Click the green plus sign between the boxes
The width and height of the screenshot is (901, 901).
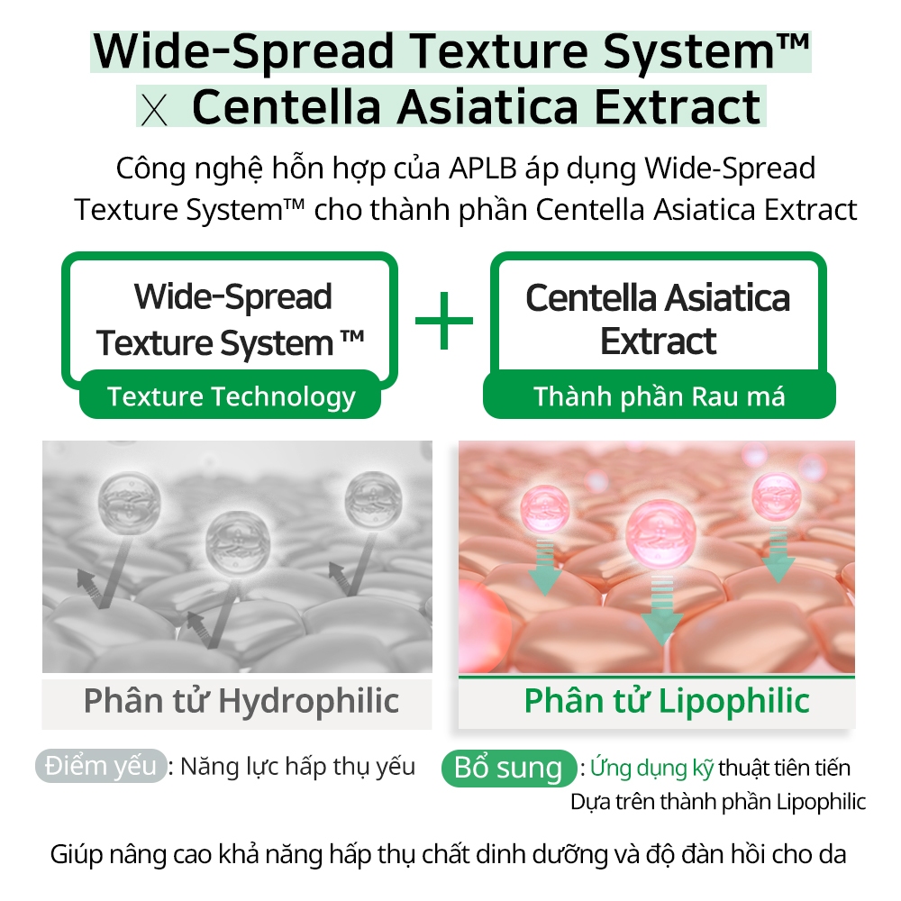(443, 321)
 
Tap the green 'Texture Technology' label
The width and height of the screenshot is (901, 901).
(231, 396)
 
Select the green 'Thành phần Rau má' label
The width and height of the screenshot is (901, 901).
(660, 396)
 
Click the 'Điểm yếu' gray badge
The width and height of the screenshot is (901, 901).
(101, 766)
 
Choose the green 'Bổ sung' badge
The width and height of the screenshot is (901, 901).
(508, 768)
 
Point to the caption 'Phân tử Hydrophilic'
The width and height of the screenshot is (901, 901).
(241, 701)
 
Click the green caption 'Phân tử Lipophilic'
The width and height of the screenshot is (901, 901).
(667, 701)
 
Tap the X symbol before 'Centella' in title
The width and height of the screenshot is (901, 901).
(154, 110)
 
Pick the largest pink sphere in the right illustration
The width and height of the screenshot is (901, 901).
(660, 532)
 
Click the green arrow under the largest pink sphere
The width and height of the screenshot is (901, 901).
(661, 609)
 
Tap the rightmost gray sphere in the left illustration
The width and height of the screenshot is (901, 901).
(374, 501)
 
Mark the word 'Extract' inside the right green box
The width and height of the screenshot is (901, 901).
(659, 341)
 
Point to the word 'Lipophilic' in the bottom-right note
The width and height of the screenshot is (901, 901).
(821, 802)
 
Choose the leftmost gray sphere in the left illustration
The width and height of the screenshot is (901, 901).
(129, 503)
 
